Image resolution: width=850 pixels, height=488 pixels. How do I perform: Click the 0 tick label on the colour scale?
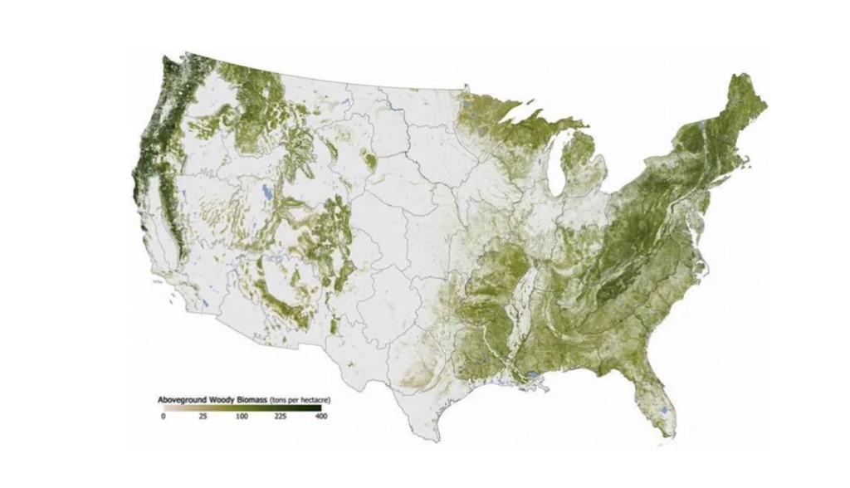pos(163,417)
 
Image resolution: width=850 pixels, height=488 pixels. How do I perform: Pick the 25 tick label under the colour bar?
pos(203,417)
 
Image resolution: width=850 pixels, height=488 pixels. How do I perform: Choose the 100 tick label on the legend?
pos(242,417)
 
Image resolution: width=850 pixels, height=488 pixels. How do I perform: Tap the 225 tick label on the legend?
pos(280,417)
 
